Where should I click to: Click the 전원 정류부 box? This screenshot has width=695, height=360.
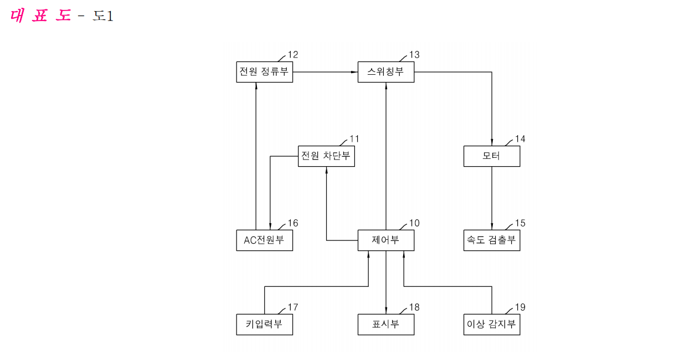point(264,72)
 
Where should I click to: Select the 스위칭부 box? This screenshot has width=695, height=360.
point(386,72)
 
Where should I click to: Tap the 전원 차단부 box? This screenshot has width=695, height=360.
point(326,156)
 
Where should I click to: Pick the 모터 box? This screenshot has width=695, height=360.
point(492,156)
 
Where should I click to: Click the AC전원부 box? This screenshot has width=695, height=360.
point(264,240)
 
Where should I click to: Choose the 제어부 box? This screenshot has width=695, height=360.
point(386,240)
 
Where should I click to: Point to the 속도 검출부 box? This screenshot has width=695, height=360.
point(492,240)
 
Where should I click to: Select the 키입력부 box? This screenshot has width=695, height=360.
point(264,325)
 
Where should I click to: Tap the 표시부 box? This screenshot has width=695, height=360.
point(386,325)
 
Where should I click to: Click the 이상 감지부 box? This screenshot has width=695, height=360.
point(492,325)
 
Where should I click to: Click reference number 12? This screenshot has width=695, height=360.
point(293,55)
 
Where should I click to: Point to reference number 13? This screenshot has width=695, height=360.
point(415,55)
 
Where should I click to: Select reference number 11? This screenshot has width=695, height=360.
point(354,138)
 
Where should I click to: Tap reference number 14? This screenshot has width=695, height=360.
point(521,138)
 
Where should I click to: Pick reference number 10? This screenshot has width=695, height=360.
point(415,223)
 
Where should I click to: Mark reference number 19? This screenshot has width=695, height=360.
point(521,307)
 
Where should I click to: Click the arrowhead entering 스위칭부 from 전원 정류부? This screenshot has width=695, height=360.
point(354,72)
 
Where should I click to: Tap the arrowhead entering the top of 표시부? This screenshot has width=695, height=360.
point(386,310)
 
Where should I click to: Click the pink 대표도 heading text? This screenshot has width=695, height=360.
point(40,16)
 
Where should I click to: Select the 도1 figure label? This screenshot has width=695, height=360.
point(103,16)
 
